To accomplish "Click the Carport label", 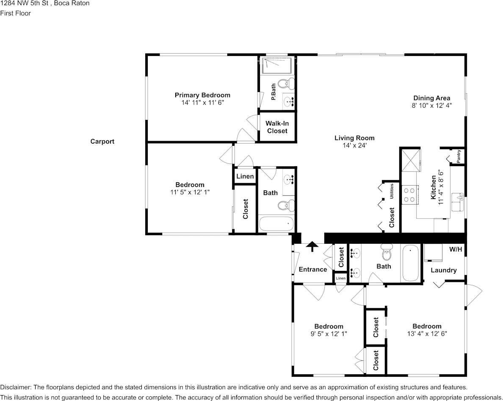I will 102,142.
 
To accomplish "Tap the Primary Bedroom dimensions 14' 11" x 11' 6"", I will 202,103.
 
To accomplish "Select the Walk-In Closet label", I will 277,127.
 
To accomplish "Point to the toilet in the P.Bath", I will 287,83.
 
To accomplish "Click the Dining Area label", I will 431,98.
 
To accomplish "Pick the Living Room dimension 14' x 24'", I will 354,145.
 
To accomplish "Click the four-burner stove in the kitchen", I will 409,195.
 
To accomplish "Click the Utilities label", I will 392,191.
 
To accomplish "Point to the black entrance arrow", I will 312,246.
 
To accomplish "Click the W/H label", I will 456,250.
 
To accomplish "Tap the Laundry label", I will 443,270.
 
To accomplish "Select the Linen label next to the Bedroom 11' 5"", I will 245,176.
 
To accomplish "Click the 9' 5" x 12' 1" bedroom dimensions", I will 329,334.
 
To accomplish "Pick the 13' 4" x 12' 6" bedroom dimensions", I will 427,334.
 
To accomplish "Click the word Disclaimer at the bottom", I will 15,387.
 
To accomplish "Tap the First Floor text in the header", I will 15,13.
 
